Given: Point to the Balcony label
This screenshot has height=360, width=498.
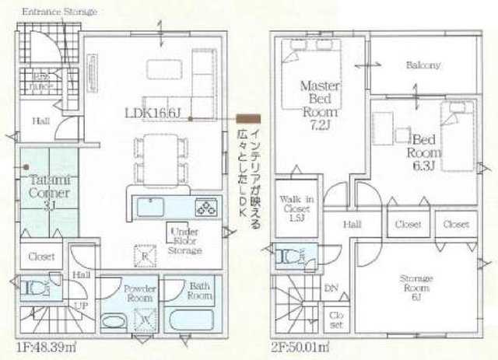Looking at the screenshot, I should click(x=423, y=65).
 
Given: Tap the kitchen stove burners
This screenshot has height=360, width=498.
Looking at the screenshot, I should click(x=208, y=208).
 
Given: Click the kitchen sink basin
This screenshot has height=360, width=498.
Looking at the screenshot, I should click(x=149, y=208).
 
